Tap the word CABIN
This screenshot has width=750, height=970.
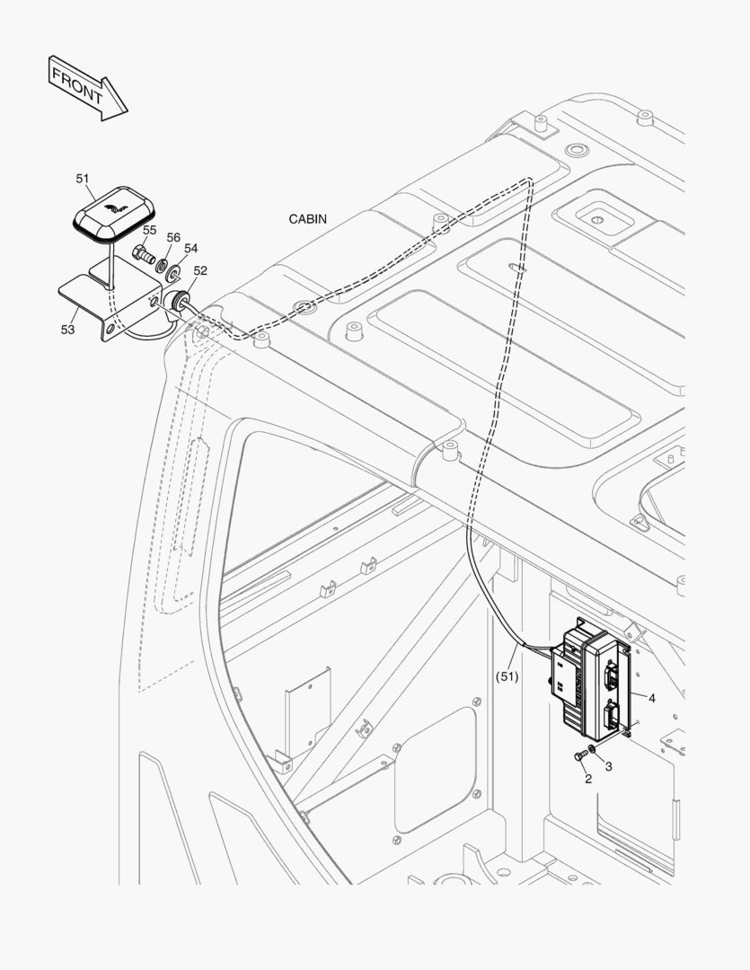tap(307, 218)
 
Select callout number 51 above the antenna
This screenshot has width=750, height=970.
tap(83, 179)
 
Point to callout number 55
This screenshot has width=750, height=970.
tap(149, 231)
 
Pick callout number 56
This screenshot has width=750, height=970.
tap(173, 238)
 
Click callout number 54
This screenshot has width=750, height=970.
tap(190, 248)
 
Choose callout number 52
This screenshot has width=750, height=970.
tap(199, 270)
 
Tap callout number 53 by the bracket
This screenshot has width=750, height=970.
tap(68, 330)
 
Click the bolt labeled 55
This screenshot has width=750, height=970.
tap(144, 253)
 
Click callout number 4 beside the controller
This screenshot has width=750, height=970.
tap(651, 697)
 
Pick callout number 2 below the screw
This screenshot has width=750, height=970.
tap(588, 779)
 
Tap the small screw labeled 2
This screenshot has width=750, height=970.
tap(581, 756)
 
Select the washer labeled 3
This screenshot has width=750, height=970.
tap(594, 750)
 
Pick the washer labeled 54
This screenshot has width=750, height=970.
tap(172, 269)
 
